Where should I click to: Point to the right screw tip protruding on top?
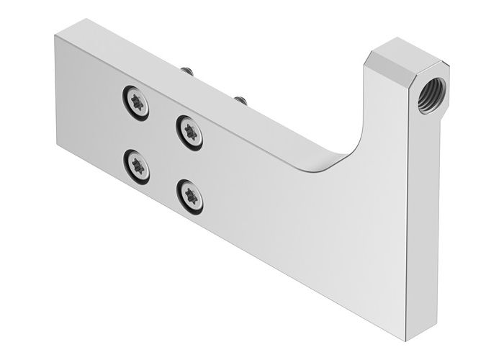[x=240, y=97]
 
